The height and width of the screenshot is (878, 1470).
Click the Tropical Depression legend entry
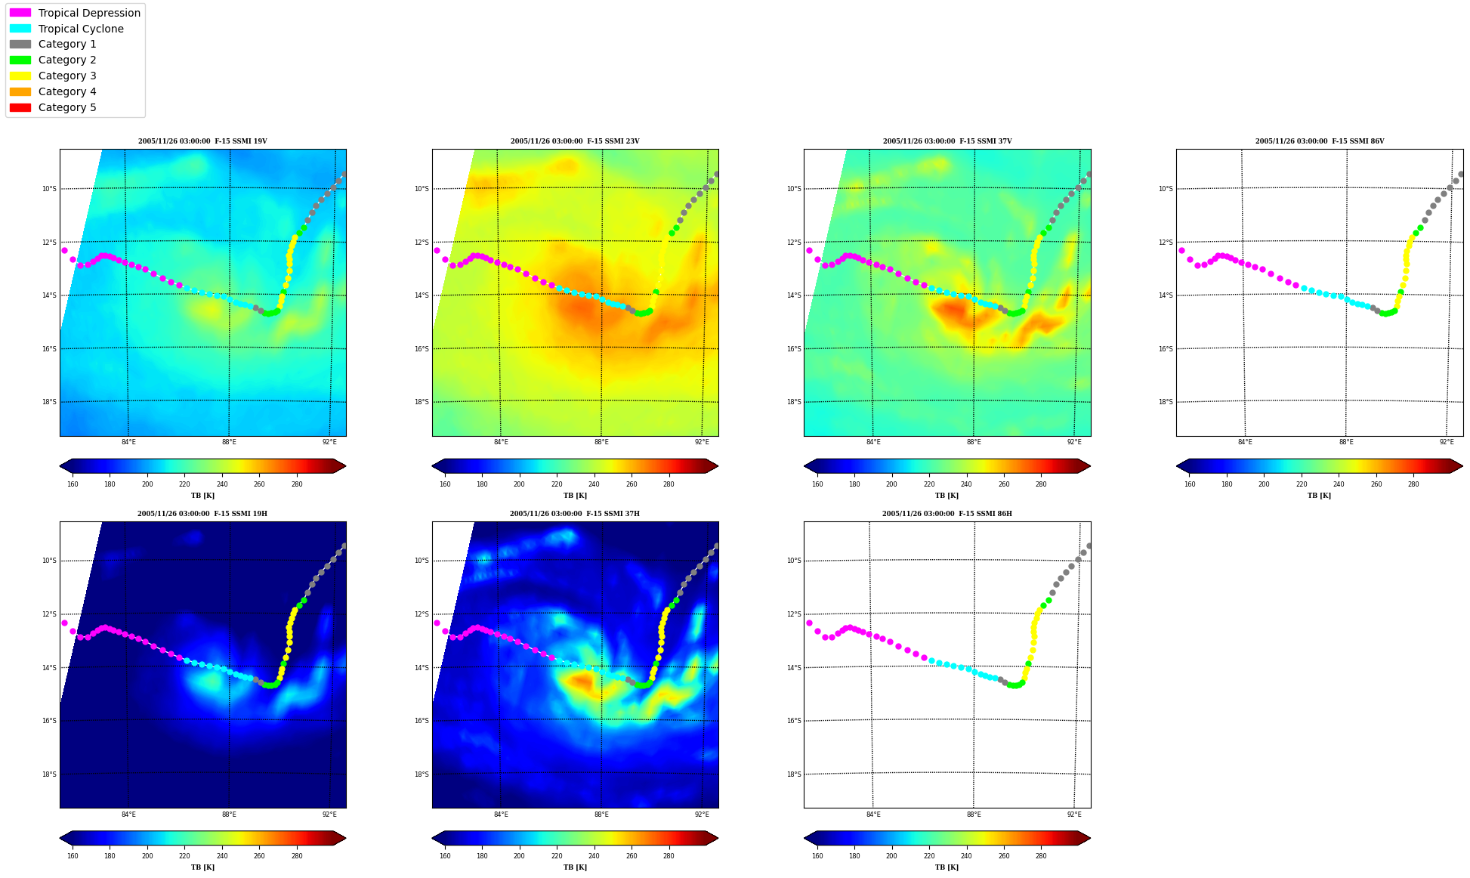click(x=75, y=13)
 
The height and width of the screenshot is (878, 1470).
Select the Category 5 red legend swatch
click(x=20, y=107)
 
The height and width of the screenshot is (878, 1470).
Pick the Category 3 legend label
click(x=67, y=76)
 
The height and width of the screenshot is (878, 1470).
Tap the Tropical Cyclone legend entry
click(x=66, y=29)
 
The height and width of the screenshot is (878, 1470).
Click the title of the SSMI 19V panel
click(x=202, y=141)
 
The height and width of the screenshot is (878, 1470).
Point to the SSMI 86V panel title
click(x=1320, y=141)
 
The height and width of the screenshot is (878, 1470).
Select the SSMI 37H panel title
click(x=575, y=514)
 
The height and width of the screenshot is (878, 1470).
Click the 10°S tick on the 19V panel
click(x=49, y=189)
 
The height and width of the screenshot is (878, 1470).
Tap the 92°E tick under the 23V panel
click(x=702, y=442)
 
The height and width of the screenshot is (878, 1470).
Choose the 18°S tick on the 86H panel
click(x=793, y=774)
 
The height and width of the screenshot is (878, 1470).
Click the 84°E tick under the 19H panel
click(x=128, y=815)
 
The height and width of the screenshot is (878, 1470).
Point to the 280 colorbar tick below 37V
click(x=1041, y=484)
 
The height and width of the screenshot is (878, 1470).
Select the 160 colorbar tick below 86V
click(x=1190, y=484)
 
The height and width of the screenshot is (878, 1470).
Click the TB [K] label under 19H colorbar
click(x=202, y=867)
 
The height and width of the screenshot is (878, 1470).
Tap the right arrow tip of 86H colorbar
click(x=1090, y=838)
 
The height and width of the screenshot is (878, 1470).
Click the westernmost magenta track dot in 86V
click(x=1181, y=250)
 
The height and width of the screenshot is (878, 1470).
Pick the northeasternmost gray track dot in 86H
click(x=1089, y=546)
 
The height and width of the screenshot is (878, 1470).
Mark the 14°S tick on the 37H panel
click(x=422, y=668)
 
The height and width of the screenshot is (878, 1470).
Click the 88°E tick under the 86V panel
click(x=1346, y=442)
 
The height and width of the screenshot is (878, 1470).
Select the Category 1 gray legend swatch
click(x=20, y=45)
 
